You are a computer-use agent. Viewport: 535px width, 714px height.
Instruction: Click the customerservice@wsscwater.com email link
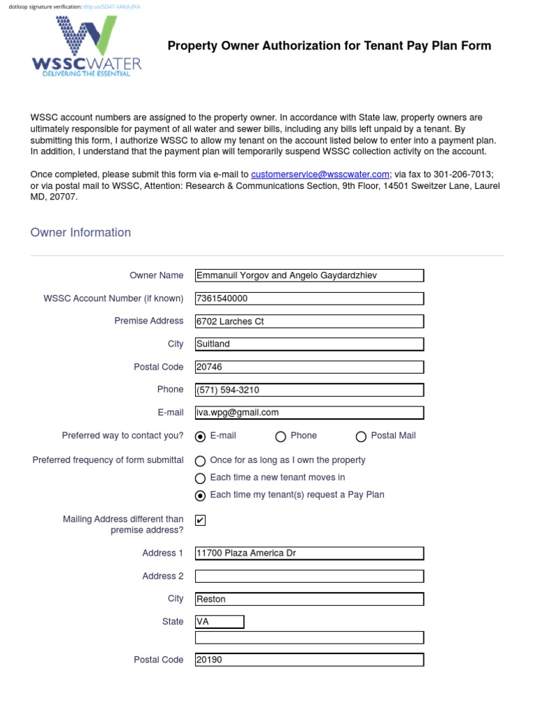point(320,174)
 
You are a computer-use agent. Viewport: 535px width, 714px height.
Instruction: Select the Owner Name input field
point(309,275)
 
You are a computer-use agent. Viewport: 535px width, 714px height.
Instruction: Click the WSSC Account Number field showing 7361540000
point(309,298)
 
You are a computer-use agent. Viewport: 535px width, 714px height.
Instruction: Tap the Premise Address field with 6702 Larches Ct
point(309,321)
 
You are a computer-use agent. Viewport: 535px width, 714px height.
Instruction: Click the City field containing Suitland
point(309,344)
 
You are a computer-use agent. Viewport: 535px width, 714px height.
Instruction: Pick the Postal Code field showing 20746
point(309,367)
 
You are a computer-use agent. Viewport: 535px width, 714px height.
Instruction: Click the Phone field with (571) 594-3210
point(309,390)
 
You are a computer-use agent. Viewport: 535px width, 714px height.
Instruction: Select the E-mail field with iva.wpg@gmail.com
point(309,412)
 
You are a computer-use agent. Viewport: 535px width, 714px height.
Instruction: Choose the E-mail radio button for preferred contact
point(201,436)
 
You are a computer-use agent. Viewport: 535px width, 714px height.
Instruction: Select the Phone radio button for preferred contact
point(281,436)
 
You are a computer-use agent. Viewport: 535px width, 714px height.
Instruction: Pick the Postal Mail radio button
point(361,436)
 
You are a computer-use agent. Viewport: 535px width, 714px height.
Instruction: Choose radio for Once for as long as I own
point(201,461)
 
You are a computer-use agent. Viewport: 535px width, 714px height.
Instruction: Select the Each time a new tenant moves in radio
point(201,478)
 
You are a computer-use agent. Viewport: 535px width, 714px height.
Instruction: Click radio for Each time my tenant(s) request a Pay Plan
point(201,496)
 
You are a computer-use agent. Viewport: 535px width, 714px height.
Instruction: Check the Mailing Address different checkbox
point(201,520)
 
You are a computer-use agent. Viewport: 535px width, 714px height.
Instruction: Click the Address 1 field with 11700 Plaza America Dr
point(309,553)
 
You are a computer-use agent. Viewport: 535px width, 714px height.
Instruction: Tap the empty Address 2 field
point(309,576)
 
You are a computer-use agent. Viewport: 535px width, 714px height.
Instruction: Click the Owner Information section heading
point(81,233)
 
